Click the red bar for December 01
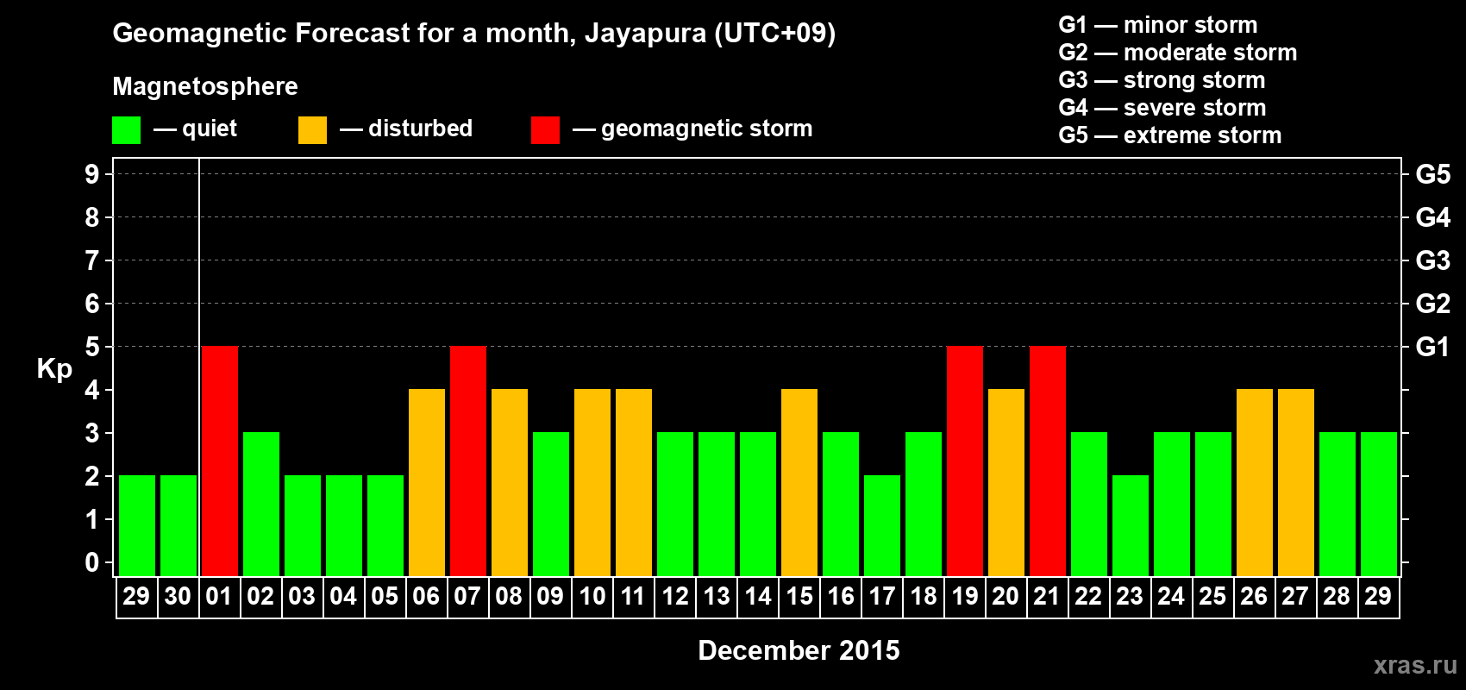[x=220, y=461]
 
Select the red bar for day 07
[x=468, y=461]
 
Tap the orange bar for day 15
[x=799, y=482]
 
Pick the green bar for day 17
[x=882, y=525]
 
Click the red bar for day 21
[x=1048, y=461]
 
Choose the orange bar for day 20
[x=1006, y=482]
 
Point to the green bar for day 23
[x=1131, y=525]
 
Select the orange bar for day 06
[x=427, y=482]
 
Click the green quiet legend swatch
[x=126, y=130]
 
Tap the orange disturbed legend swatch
[x=312, y=130]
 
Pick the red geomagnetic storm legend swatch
[x=545, y=130]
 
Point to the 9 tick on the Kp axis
[x=92, y=174]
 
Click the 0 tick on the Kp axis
[x=92, y=562]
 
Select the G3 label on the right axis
[x=1432, y=260]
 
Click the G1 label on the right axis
[x=1432, y=347]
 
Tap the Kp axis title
[x=54, y=369]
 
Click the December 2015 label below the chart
[x=799, y=650]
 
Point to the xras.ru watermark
[x=1415, y=665]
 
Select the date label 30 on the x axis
[x=178, y=596]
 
